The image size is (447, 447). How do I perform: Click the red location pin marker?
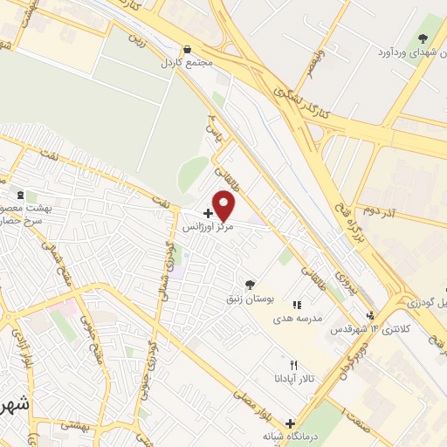coord(224,206)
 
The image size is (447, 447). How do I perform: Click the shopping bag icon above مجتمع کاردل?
coord(186,50)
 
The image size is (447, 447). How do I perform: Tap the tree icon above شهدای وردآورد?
coord(423,38)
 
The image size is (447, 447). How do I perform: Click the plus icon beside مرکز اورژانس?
coord(207,212)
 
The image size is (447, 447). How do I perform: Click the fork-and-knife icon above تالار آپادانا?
coord(294,365)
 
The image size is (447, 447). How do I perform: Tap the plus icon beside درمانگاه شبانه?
coord(290,423)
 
